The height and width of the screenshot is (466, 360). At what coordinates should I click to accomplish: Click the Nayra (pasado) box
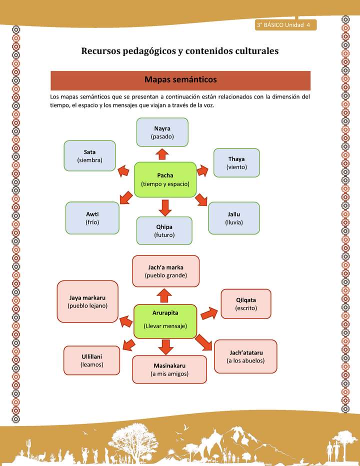162,132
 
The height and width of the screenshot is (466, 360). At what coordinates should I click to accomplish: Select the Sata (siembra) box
90,155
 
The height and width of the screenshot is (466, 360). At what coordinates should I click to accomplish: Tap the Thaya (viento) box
236,162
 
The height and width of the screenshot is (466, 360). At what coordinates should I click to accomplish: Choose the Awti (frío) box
92,218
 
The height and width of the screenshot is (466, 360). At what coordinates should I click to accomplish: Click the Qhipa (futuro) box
164,230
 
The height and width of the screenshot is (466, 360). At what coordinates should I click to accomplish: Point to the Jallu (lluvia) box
234,218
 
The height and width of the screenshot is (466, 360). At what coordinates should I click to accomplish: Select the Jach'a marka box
165,271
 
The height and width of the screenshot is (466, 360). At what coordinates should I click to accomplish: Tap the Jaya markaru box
88,301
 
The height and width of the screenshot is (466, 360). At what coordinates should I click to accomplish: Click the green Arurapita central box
165,319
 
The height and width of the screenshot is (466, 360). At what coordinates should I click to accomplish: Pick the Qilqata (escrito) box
246,304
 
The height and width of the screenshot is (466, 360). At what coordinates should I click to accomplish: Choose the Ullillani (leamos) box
92,360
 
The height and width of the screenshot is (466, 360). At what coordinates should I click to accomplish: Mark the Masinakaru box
169,369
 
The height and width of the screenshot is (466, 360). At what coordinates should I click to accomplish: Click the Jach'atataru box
245,356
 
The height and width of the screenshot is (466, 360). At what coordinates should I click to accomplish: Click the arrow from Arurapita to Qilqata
209,313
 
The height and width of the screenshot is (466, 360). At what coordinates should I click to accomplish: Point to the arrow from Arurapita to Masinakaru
165,345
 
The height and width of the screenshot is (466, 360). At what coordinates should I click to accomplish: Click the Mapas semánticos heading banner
180,80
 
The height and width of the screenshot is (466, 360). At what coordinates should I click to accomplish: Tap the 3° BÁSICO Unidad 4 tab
283,25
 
